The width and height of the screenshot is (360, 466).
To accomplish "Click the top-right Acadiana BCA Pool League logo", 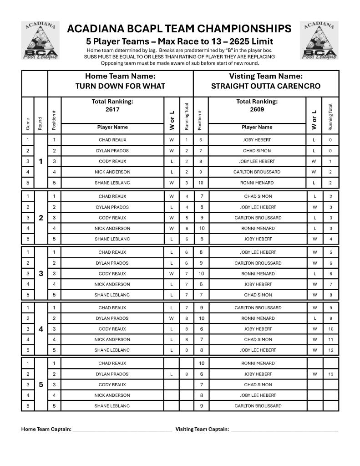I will coord(319,41).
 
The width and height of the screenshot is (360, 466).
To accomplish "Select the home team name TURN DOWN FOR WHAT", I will coord(120,86).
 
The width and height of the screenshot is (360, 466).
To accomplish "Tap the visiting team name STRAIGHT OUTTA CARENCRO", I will coord(266,86).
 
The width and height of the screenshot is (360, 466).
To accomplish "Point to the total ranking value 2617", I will coord(112,110).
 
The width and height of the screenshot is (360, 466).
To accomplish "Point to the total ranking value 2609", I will coord(257,110).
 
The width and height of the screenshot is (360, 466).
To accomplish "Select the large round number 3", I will coord(41,274).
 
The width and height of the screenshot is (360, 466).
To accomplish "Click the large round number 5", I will coord(41,384).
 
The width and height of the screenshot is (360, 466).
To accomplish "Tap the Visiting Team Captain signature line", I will coord(284,430).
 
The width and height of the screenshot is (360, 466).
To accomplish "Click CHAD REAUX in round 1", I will coord(112,140).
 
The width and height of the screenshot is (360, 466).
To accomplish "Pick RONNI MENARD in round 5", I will coord(258,364).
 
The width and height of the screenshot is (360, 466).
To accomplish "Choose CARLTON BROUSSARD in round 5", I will coord(258,406).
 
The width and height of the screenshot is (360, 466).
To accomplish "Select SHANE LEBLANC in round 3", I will coord(112,295).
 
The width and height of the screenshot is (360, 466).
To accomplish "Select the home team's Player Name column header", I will coord(112,127).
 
